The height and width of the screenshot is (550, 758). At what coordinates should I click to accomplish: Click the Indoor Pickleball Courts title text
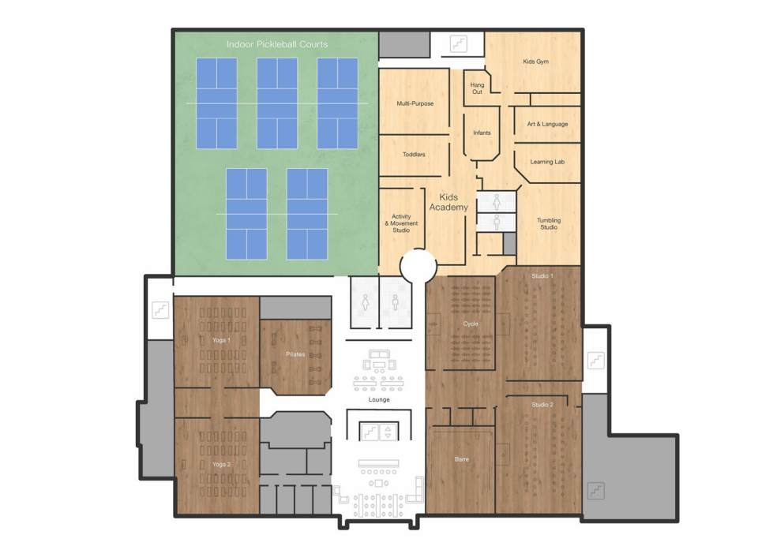pos(277,44)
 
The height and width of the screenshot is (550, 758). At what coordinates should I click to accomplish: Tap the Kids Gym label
pos(535,61)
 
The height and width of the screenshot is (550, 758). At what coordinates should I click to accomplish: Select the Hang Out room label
pos(477,88)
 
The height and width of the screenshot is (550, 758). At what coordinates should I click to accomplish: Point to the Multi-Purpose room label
pos(415,103)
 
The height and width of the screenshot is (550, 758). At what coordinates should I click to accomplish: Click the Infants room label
pos(482,133)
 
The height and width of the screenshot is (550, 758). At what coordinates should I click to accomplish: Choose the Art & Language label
pos(547,124)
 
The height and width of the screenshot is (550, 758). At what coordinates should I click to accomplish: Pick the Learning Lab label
pos(547,162)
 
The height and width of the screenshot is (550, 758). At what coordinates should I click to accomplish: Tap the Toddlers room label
pos(414,155)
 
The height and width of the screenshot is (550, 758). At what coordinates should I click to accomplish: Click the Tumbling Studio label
pos(548,223)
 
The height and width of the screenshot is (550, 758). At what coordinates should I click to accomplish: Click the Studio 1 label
pos(542,276)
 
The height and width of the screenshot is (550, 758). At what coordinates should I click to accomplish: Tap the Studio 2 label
pos(542,405)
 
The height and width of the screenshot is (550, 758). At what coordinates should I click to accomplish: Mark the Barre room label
pos(462,458)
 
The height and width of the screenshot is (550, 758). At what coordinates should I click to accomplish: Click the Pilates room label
pos(295,354)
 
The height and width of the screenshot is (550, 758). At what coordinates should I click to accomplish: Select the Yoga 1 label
pos(221,340)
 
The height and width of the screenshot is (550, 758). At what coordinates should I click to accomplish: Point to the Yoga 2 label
pos(221,464)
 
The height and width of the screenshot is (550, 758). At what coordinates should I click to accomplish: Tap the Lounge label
pos(379,399)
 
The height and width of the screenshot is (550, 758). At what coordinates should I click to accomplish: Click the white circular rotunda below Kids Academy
pos(418,266)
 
